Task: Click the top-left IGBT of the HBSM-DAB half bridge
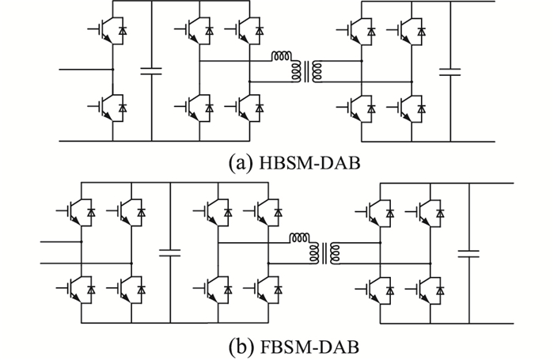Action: pyautogui.click(x=106, y=31)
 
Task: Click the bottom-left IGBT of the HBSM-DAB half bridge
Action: pyautogui.click(x=106, y=104)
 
